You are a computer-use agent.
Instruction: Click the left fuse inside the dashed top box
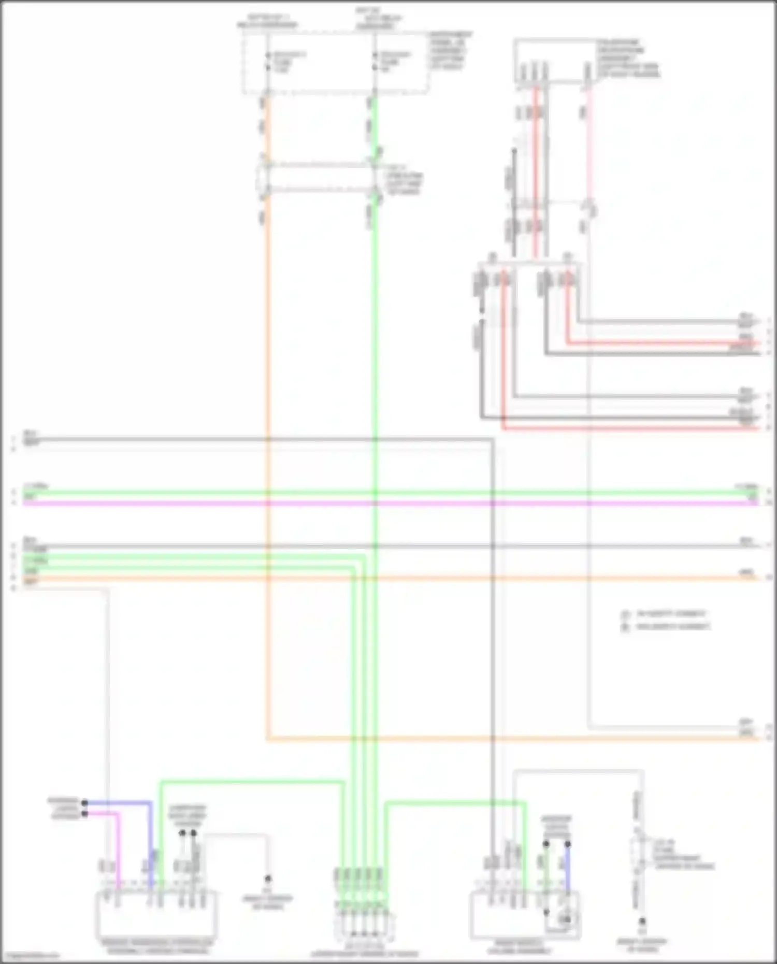(x=268, y=62)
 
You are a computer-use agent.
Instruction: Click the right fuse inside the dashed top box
(x=375, y=62)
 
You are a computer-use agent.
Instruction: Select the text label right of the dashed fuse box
(x=450, y=51)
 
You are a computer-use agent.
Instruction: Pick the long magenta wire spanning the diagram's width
(x=388, y=502)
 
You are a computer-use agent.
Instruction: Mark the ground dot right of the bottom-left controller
(x=268, y=879)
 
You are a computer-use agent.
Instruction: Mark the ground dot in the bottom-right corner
(x=642, y=921)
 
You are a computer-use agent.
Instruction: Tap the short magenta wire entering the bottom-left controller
(x=119, y=850)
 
